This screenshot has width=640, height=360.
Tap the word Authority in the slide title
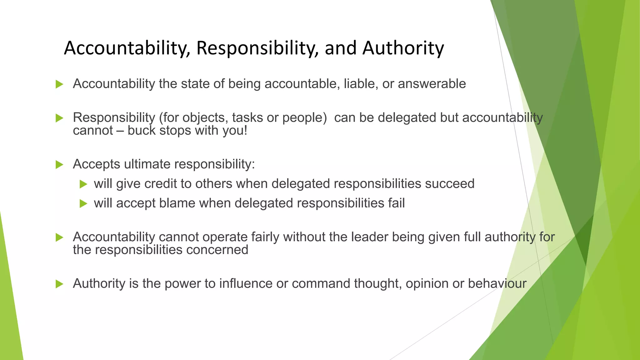click(403, 48)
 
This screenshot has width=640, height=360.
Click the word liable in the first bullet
click(357, 84)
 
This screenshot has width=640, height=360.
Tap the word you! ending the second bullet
click(235, 131)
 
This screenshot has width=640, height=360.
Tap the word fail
click(397, 203)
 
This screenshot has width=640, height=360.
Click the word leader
click(370, 237)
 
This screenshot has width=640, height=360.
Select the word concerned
click(217, 250)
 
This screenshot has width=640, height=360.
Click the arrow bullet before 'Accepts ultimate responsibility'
click(59, 164)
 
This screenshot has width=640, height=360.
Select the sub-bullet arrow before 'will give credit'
click(83, 184)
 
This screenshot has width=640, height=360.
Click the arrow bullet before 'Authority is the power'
click(59, 284)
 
